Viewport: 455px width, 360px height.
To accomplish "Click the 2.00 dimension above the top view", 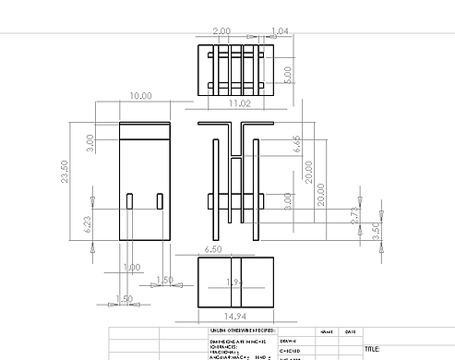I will (x=222, y=31).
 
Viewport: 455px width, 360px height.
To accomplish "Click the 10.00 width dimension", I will (x=141, y=96).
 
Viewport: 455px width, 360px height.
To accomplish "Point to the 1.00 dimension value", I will (x=132, y=267).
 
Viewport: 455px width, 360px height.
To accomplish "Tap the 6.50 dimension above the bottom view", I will (x=211, y=249).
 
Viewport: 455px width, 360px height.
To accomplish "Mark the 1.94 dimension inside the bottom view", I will (x=235, y=281).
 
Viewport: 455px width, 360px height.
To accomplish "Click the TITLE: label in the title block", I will (x=373, y=349).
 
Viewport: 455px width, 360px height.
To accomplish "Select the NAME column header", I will (x=327, y=331).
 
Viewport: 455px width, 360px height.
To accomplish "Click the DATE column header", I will (x=350, y=331).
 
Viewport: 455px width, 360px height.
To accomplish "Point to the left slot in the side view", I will (x=130, y=201).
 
